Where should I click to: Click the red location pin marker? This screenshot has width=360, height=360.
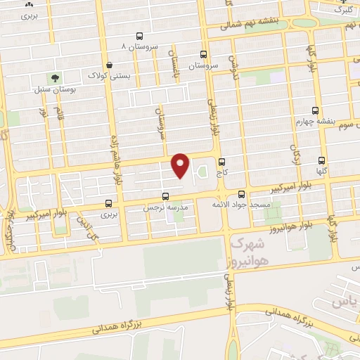pyautogui.click(x=181, y=165)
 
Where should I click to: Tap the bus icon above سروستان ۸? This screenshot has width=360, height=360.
pyautogui.click(x=139, y=35)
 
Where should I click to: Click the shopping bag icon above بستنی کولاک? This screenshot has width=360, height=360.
pyautogui.click(x=108, y=64)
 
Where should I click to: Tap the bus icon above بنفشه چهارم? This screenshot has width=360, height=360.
pyautogui.click(x=315, y=110)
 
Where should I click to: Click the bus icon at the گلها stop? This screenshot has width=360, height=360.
pyautogui.click(x=322, y=160)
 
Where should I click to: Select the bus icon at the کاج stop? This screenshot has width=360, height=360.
pyautogui.click(x=222, y=161)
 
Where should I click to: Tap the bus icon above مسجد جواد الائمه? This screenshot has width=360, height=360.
pyautogui.click(x=242, y=193)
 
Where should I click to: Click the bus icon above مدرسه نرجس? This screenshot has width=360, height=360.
pyautogui.click(x=166, y=197)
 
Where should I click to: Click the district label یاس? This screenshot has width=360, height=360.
pyautogui.click(x=352, y=302)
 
